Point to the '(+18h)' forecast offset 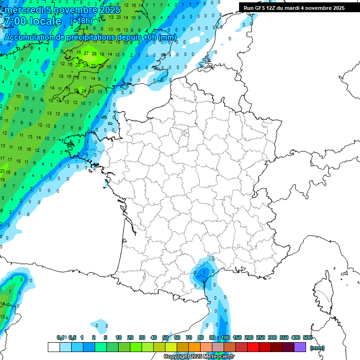click(x=81, y=21)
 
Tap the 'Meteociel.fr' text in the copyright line click(x=218, y=357)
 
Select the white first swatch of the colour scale click(x=54, y=347)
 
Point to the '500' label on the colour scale click(x=307, y=338)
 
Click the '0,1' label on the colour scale click(x=60, y=338)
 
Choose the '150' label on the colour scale click(x=237, y=338)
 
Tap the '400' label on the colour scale click(x=296, y=338)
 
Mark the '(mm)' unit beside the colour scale click(x=317, y=348)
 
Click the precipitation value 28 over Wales click(x=94, y=54)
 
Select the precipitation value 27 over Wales click(x=86, y=53)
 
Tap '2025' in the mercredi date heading click(x=109, y=10)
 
